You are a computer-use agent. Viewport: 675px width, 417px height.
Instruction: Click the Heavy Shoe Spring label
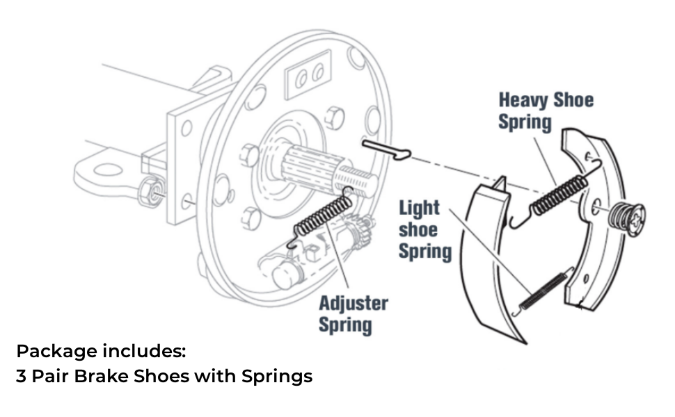[546, 111]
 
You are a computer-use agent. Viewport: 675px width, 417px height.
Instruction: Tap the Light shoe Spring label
[424, 229]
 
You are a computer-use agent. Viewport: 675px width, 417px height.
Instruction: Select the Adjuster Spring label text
[353, 313]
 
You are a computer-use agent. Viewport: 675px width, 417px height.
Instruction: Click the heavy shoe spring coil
[557, 193]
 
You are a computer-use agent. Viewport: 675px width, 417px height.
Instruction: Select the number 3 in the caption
[21, 377]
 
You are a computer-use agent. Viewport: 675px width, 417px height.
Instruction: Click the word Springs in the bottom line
[277, 377]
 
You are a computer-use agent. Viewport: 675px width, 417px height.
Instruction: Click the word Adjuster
[353, 304]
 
